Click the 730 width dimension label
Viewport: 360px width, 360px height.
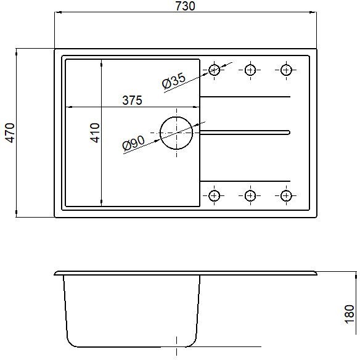(185, 6)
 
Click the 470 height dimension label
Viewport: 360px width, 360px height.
(10, 133)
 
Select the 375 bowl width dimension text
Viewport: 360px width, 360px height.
(133, 100)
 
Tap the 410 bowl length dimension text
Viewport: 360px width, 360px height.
(94, 133)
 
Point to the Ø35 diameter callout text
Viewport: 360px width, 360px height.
(174, 81)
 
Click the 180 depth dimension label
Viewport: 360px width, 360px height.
(350, 314)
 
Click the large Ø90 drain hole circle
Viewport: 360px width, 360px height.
(176, 117)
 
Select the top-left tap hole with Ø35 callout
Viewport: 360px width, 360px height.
(214, 65)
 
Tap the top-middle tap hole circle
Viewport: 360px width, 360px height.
(250, 65)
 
